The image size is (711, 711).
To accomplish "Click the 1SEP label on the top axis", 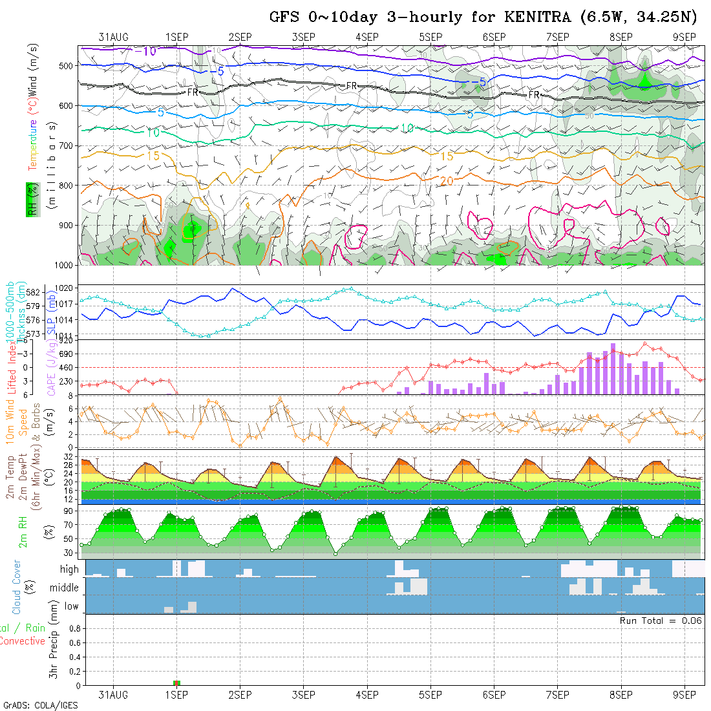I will click(x=176, y=37).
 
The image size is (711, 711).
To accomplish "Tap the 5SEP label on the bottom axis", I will click(x=430, y=695).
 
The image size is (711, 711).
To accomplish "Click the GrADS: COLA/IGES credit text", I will click(x=40, y=705).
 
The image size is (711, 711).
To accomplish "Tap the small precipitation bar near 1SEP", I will click(x=176, y=683).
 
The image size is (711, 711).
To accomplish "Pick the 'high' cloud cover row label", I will click(x=69, y=569).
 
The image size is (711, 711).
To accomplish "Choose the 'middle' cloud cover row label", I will click(x=65, y=588).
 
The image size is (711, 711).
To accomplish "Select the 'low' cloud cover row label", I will click(x=71, y=606).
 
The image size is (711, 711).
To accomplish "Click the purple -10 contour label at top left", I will click(x=149, y=51).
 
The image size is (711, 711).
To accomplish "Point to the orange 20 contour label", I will click(x=447, y=182).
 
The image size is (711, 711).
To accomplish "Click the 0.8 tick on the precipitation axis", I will click(x=74, y=628).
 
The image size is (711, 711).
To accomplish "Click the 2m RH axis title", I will click(x=23, y=532).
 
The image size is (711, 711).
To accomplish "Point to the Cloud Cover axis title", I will click(x=17, y=587).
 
